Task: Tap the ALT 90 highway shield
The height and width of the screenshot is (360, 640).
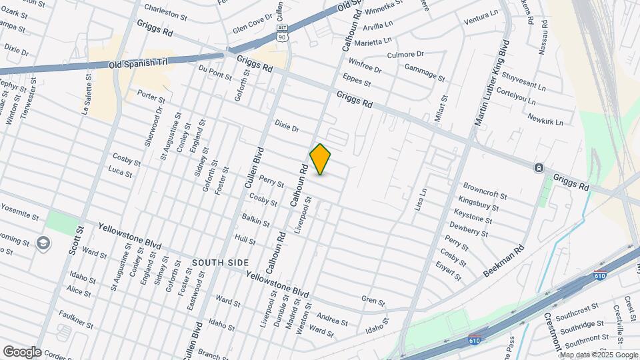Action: click(x=283, y=33)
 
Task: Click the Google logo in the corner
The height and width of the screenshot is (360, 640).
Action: click(x=21, y=351)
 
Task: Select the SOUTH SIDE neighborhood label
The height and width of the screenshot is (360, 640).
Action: click(x=215, y=263)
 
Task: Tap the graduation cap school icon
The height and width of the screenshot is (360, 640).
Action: click(x=44, y=242)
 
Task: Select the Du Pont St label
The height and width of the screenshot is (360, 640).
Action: click(x=215, y=73)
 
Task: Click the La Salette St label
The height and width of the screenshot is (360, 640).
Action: click(x=87, y=93)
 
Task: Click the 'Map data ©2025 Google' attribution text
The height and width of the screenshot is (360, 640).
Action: click(x=598, y=354)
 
